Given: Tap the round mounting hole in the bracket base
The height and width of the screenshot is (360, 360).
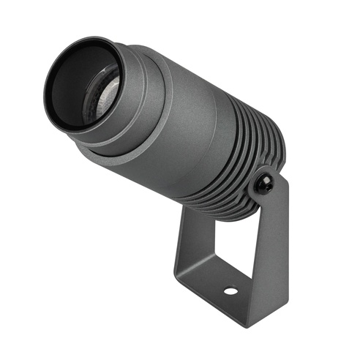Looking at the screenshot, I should pyautogui.click(x=230, y=290).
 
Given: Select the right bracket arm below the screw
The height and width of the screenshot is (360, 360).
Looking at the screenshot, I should pyautogui.click(x=274, y=234).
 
